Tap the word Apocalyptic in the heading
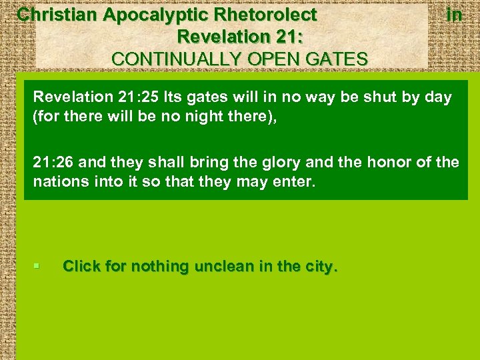146,14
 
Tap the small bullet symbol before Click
37,267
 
